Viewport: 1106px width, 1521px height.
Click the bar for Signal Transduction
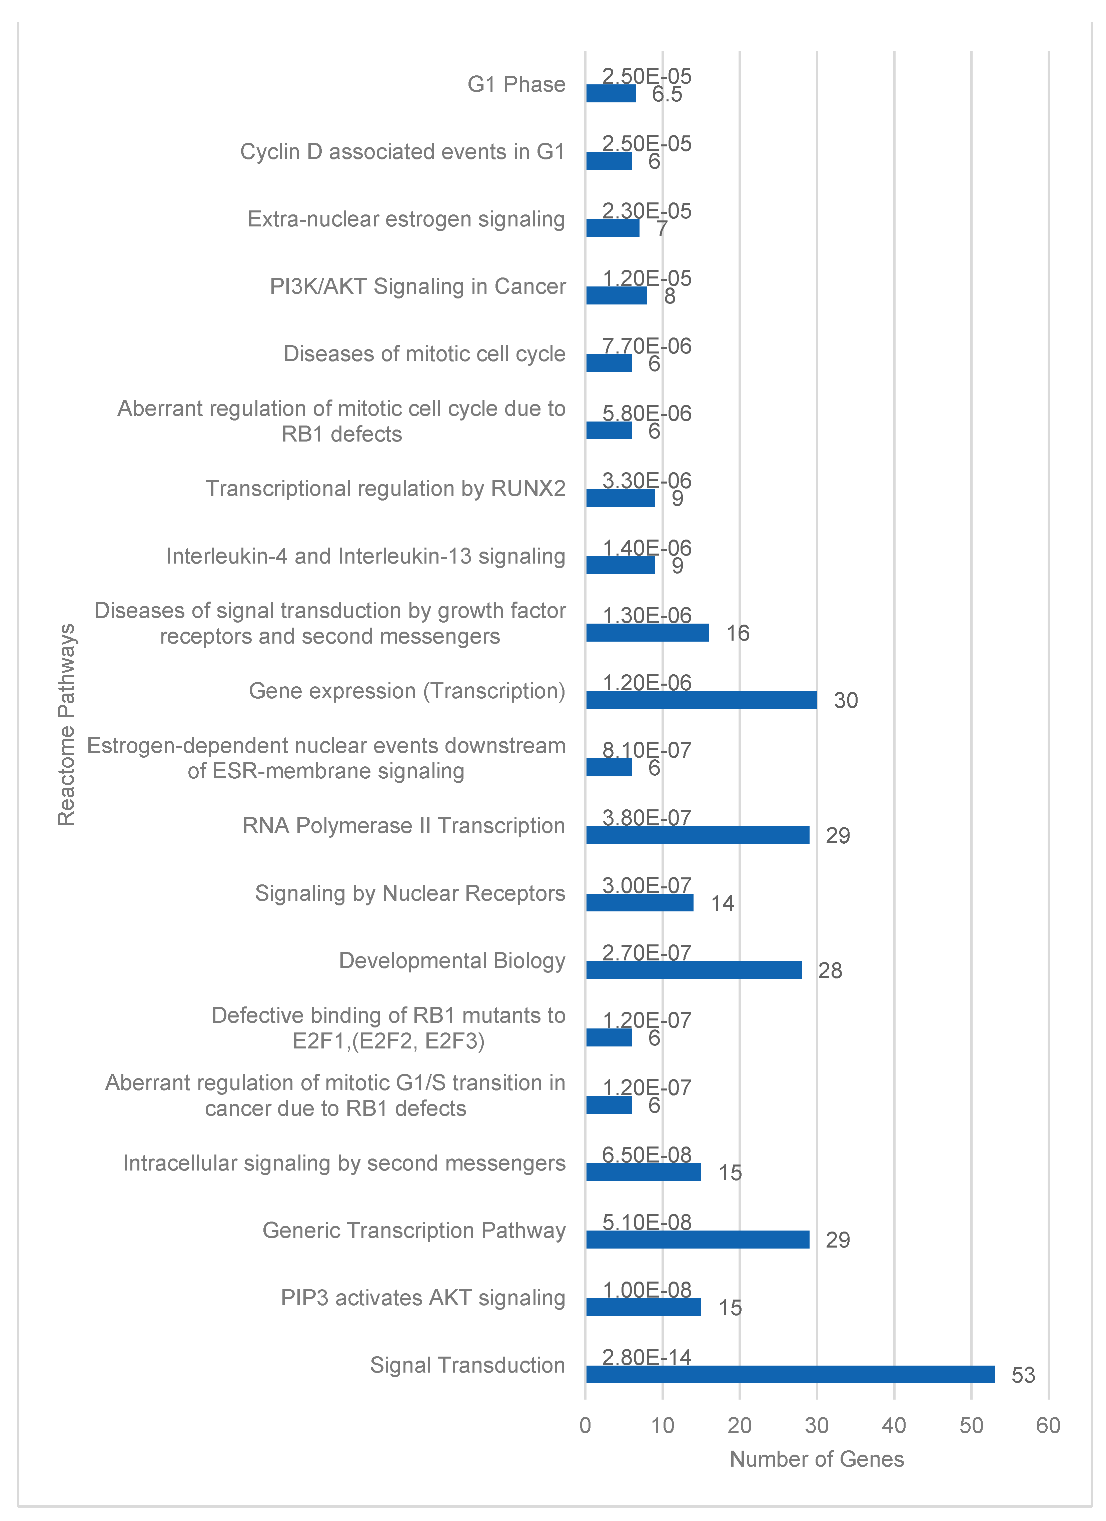790,1374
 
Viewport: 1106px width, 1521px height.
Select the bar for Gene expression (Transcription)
702,700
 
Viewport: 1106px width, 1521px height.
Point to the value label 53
1023,1375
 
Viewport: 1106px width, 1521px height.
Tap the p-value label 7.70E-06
647,346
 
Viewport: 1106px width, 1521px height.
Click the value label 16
738,633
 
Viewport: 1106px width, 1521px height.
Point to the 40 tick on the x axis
894,1425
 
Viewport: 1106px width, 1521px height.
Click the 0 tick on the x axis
586,1425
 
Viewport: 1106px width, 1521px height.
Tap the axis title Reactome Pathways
66,724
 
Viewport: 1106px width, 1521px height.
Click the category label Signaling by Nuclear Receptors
410,893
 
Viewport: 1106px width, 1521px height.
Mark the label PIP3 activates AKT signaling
422,1298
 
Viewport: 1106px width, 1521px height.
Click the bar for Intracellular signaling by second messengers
643,1172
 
